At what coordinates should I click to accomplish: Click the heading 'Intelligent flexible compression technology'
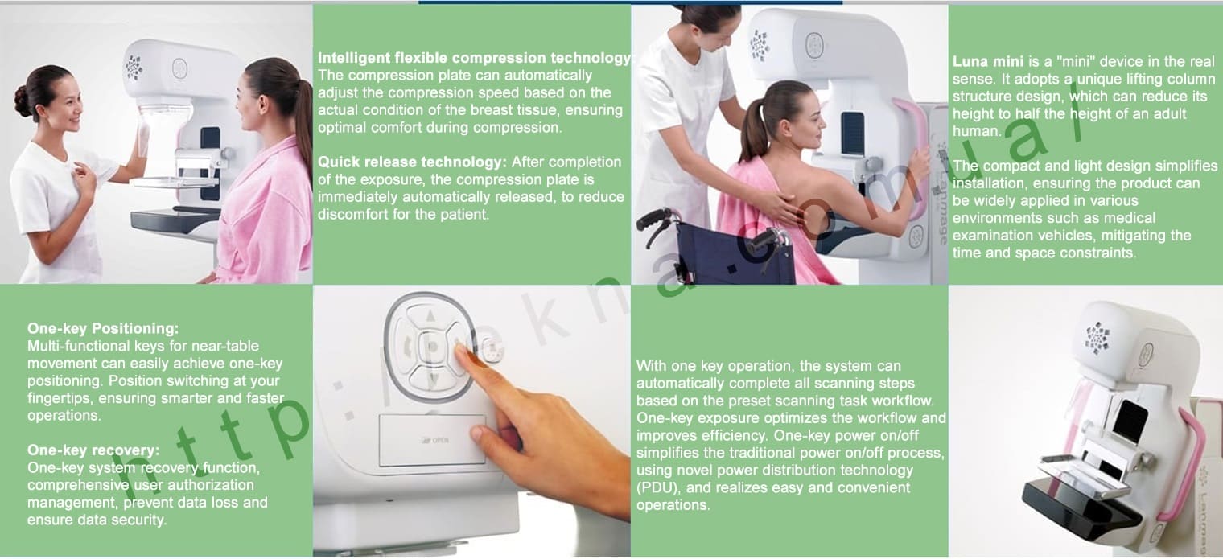point(474,58)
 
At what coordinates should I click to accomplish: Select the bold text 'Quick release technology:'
point(412,162)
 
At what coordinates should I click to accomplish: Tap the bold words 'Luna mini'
point(988,62)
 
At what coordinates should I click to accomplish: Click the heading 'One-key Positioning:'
point(103,329)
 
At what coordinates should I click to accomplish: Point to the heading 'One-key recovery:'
point(93,450)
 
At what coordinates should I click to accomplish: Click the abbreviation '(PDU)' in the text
point(658,487)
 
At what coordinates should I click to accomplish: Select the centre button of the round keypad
point(432,346)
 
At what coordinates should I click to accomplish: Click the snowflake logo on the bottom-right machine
point(1097,337)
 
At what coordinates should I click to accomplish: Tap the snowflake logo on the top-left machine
point(134,68)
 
